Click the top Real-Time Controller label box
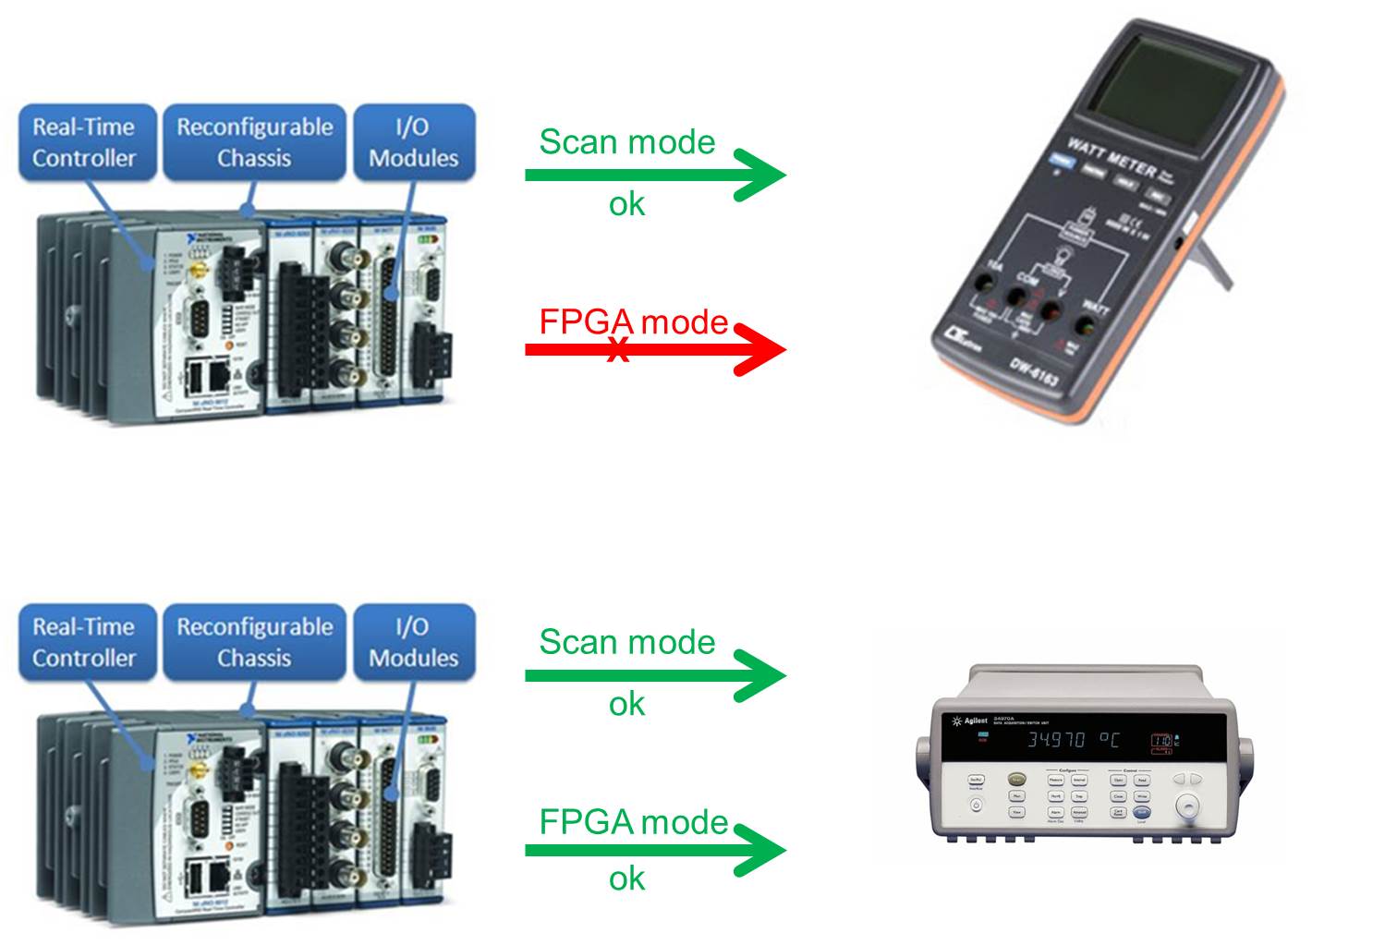pos(84,142)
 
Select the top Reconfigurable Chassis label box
pos(254,142)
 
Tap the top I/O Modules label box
pos(413,142)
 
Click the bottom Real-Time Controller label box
pos(84,642)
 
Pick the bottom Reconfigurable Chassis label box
pos(254,642)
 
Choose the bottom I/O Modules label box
pos(413,642)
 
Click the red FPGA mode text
pos(633,321)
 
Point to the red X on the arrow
pos(618,350)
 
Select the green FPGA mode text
pos(633,821)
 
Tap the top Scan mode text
pos(626,141)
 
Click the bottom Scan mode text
pos(626,642)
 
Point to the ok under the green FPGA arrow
pos(626,878)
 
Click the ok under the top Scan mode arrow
pos(626,204)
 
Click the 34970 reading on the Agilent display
pos(1056,740)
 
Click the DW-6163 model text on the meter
pos(1034,373)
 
